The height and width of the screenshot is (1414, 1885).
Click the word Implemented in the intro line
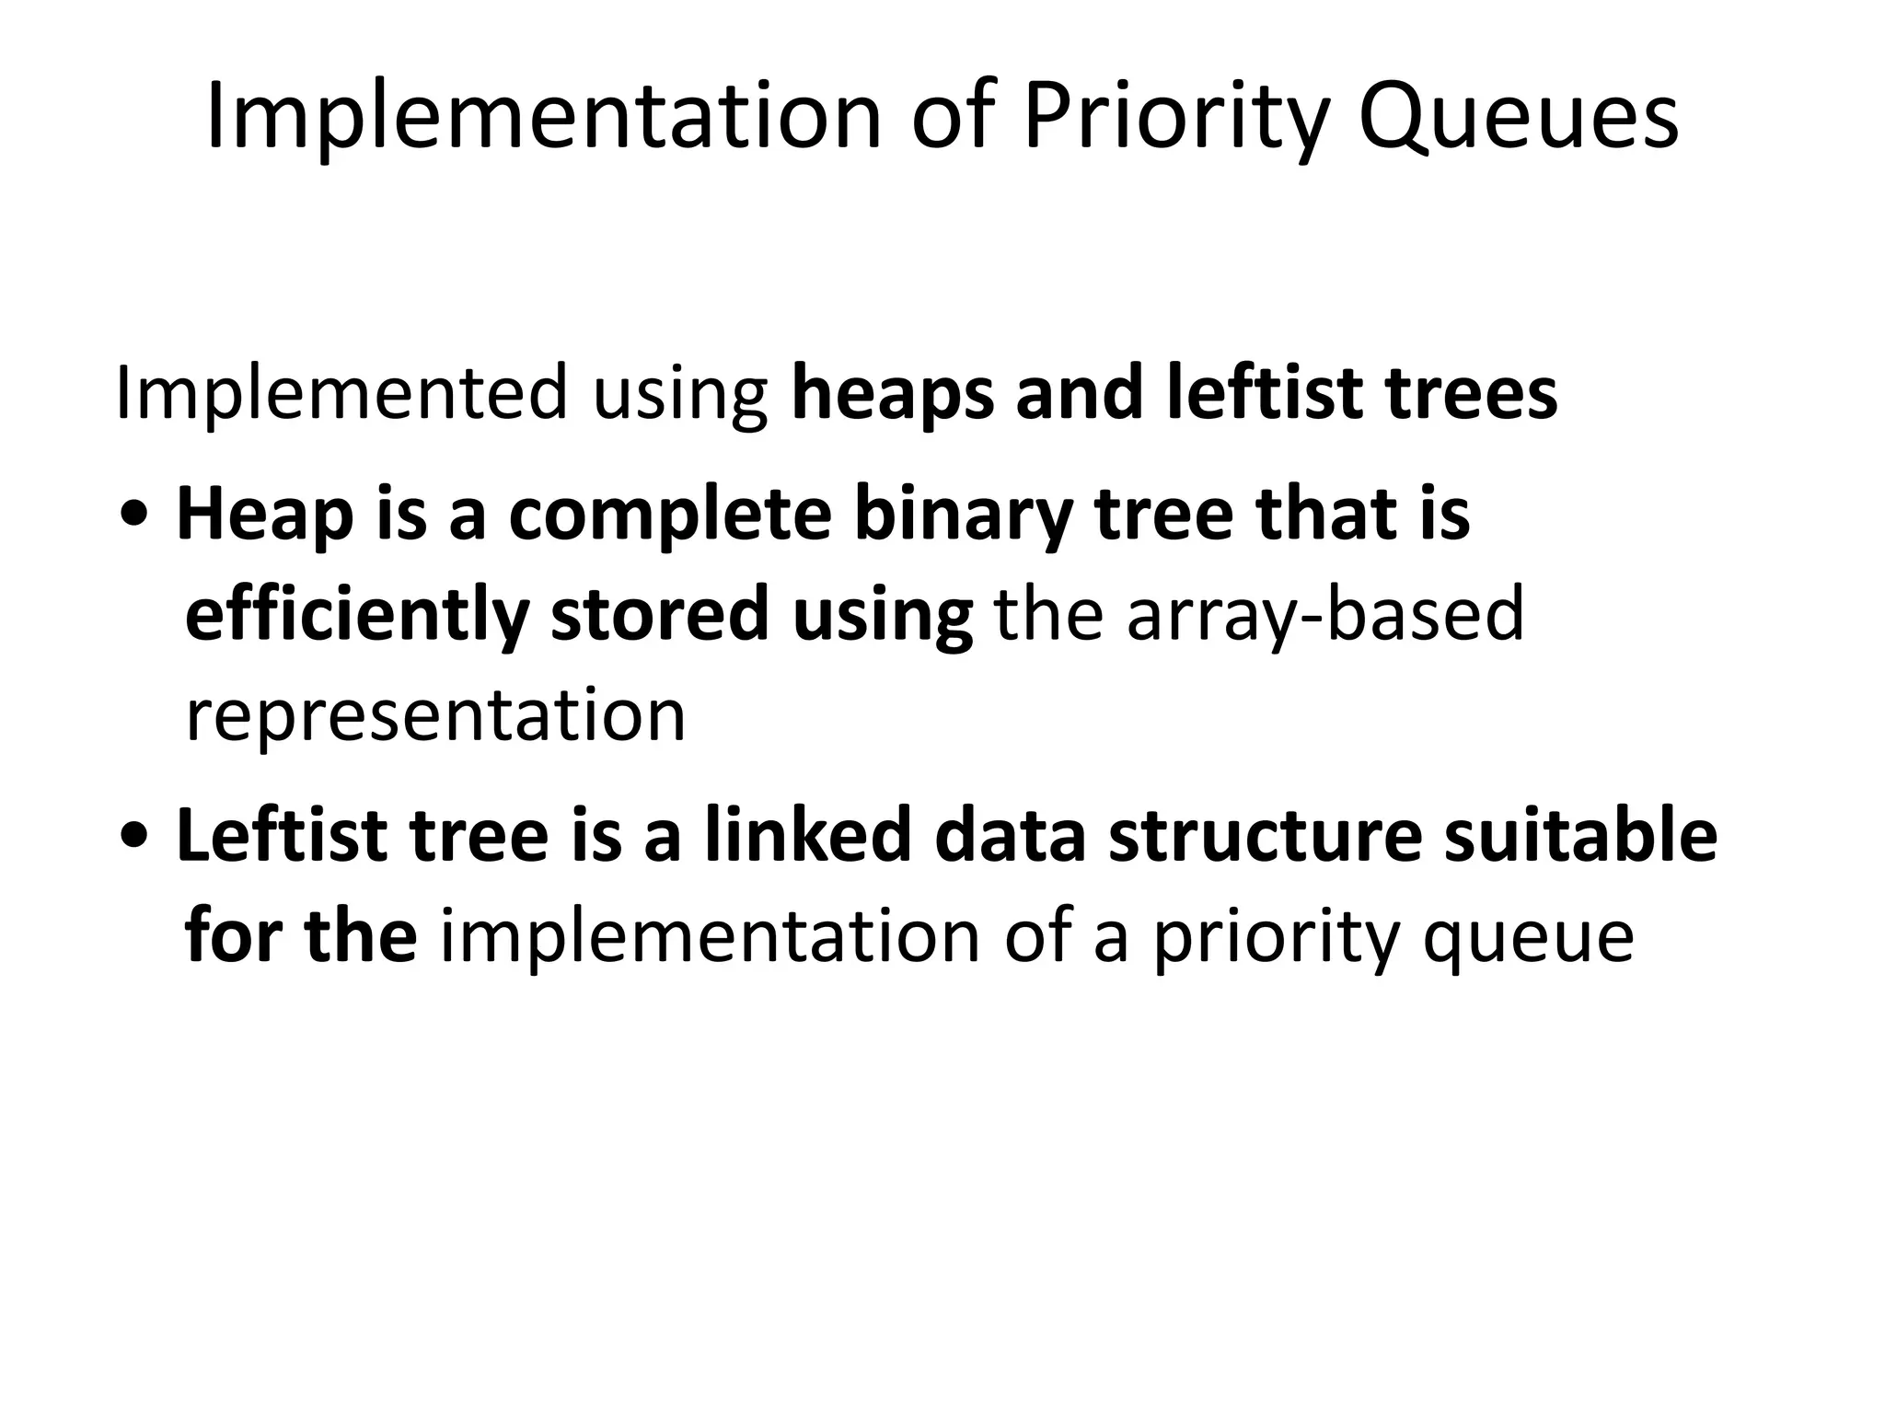(341, 394)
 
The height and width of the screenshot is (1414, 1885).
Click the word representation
(435, 716)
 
